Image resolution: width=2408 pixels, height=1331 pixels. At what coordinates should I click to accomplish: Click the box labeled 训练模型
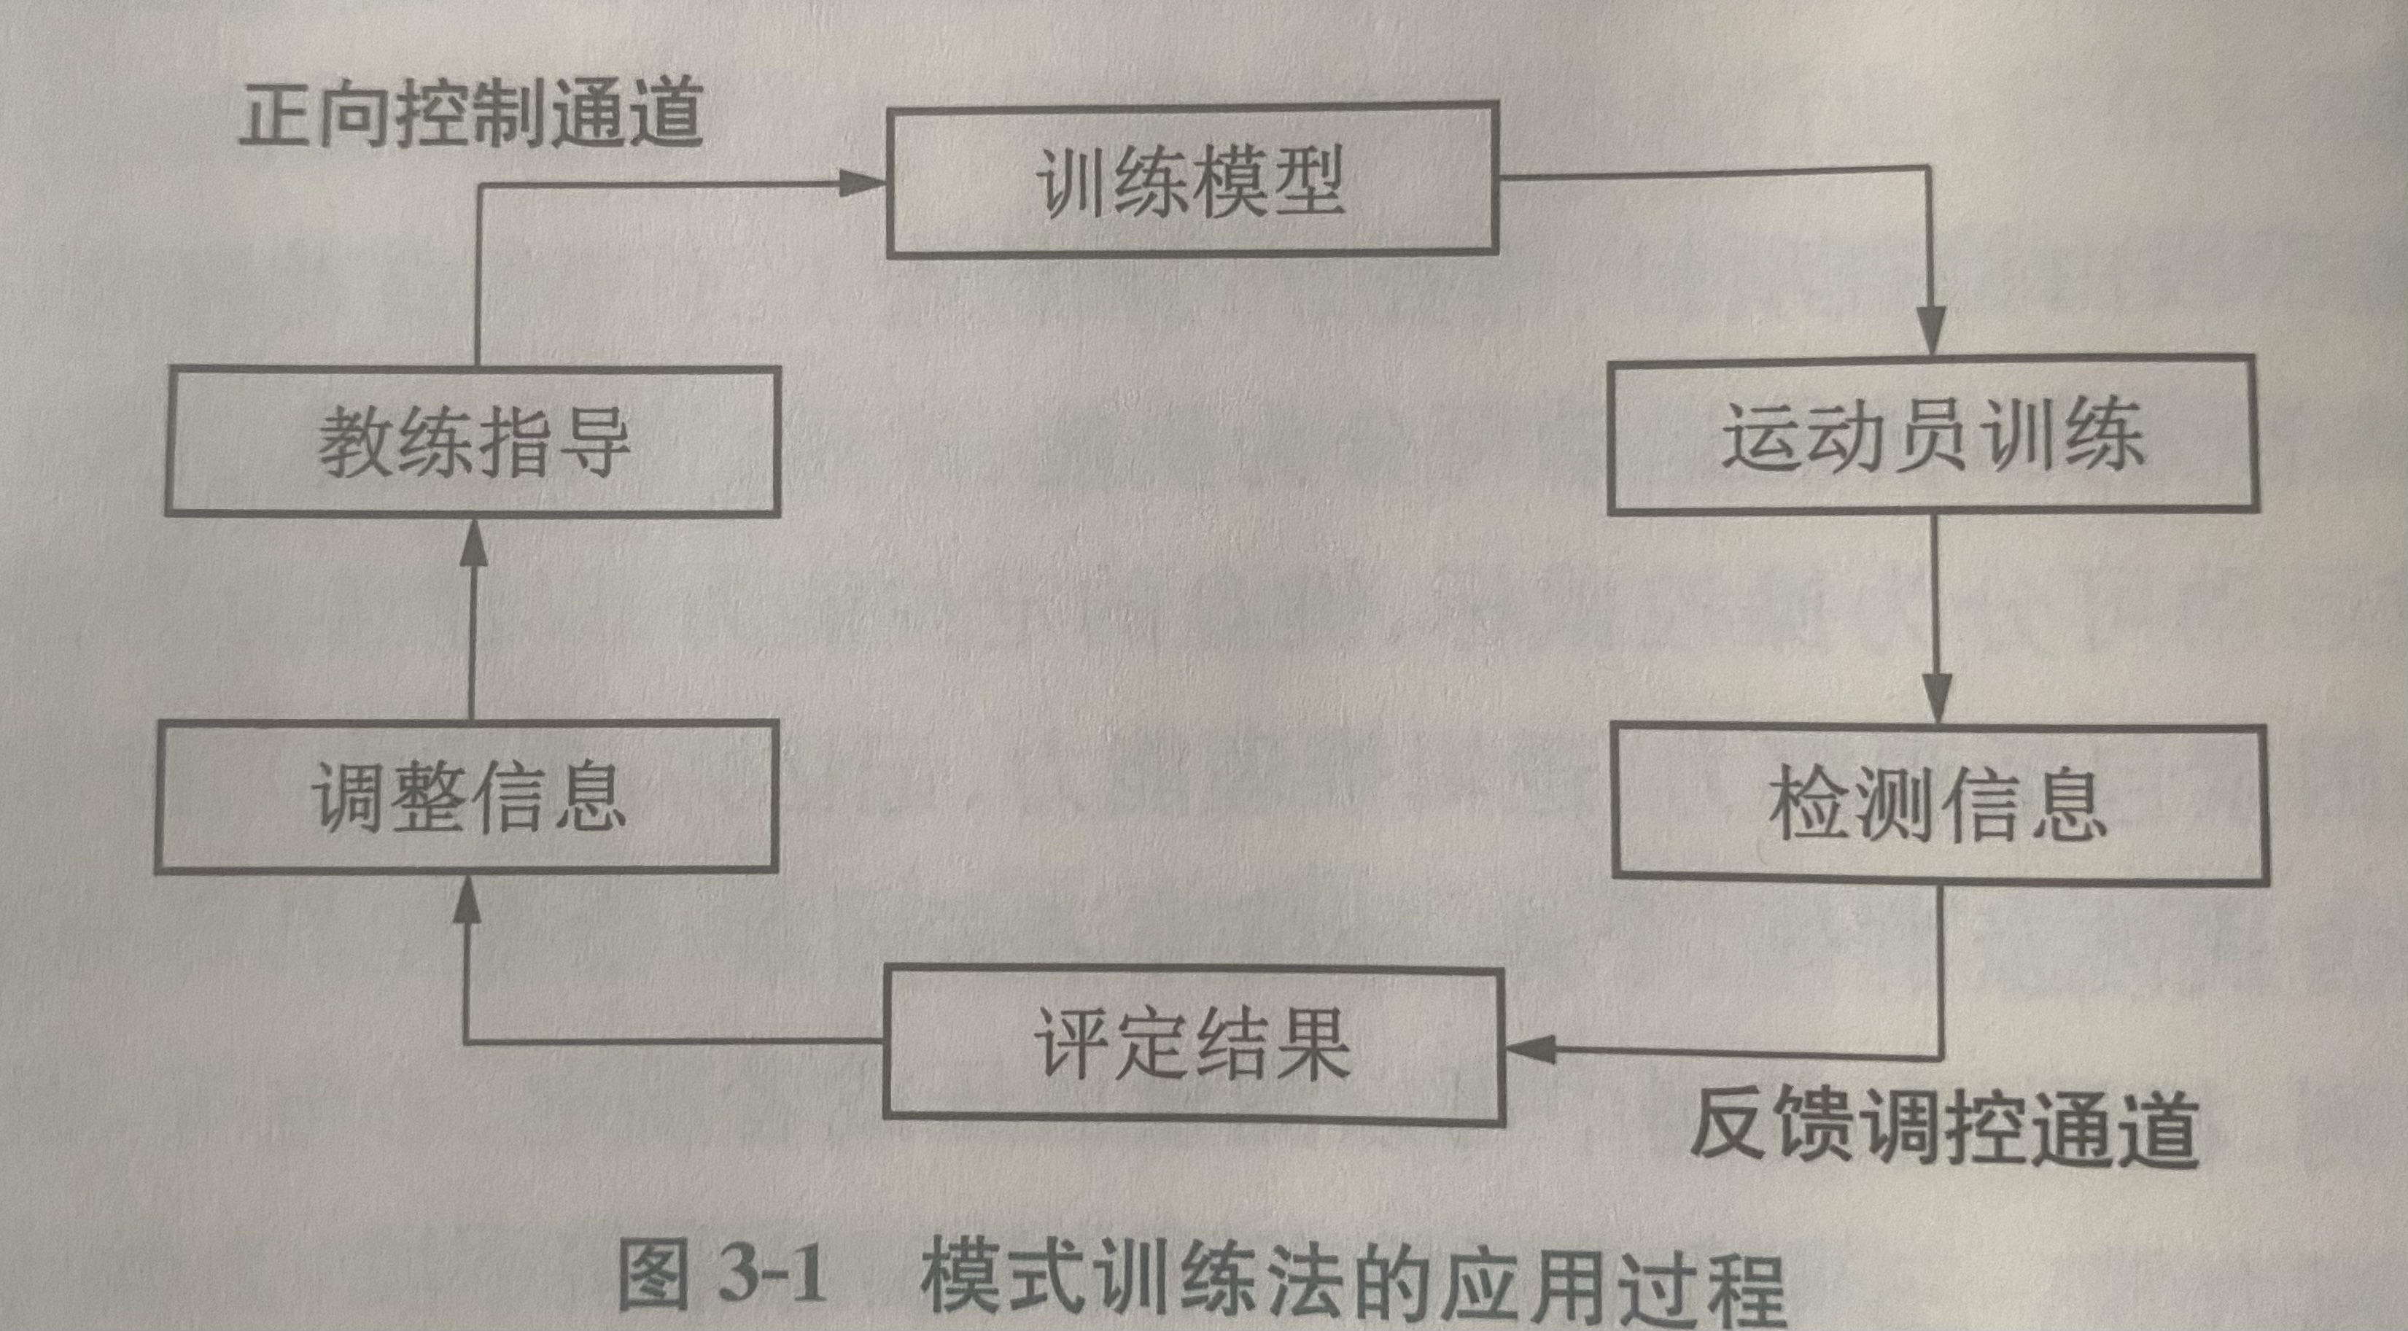pyautogui.click(x=1192, y=180)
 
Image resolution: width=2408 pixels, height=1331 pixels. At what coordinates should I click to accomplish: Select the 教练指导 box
pyautogui.click(x=473, y=441)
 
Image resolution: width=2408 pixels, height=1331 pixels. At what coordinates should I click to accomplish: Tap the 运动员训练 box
pyautogui.click(x=1933, y=435)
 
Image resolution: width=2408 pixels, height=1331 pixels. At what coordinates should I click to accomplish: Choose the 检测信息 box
pyautogui.click(x=1939, y=803)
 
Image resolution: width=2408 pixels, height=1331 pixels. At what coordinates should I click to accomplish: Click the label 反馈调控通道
pyautogui.click(x=1944, y=1128)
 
